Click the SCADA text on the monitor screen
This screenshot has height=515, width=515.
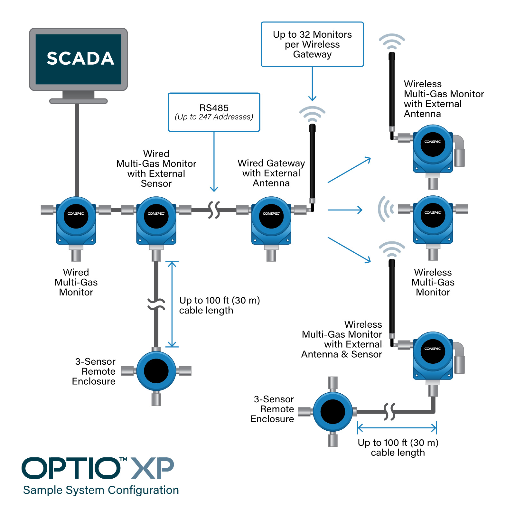tap(80, 59)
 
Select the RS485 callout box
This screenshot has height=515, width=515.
tap(214, 112)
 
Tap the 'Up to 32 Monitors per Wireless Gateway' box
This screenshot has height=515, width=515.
tap(312, 44)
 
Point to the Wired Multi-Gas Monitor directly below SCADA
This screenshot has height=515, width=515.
tap(76, 220)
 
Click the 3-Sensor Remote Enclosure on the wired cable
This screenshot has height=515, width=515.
tap(156, 371)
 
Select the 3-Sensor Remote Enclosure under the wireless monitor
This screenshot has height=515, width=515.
tap(333, 412)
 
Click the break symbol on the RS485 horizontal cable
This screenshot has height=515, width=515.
tap(214, 210)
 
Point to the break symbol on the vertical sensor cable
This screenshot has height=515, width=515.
tap(156, 303)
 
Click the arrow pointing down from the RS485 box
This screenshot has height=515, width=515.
tap(214, 161)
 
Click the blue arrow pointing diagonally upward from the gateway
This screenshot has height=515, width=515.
tap(349, 170)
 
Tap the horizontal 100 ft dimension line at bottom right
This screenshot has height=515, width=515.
tap(397, 428)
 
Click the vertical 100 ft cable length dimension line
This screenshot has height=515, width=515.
tap(172, 304)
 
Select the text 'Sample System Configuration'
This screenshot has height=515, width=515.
tap(101, 490)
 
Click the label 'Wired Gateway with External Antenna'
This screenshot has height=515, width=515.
tap(271, 173)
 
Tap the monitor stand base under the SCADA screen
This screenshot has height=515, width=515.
tap(78, 101)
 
